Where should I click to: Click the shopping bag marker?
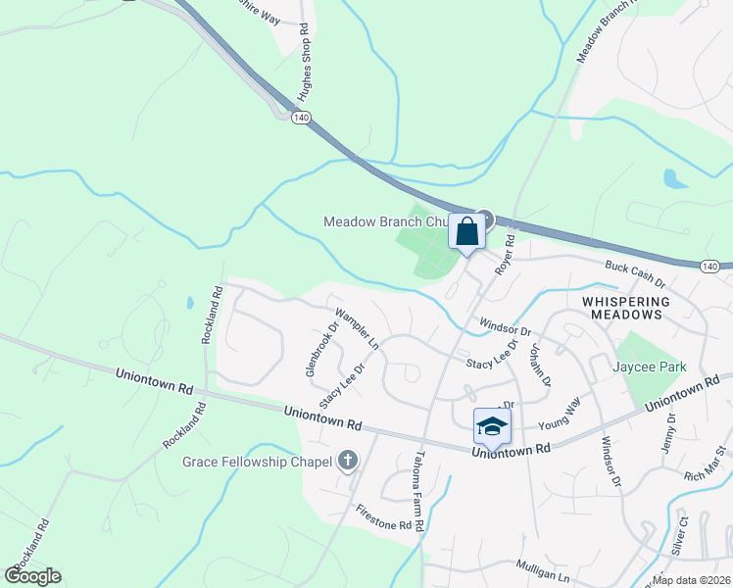pos(467,233)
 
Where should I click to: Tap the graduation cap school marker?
pos(492,427)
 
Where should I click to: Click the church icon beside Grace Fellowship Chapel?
pos(347,460)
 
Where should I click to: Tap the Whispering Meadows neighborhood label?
pos(623,308)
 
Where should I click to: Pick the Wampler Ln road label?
pos(357,329)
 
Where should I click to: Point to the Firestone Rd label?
pos(384,517)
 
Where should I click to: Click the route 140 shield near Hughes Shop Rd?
pos(301,117)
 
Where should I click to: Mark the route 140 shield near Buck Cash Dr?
pos(711,266)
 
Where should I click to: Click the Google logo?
pos(33,575)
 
